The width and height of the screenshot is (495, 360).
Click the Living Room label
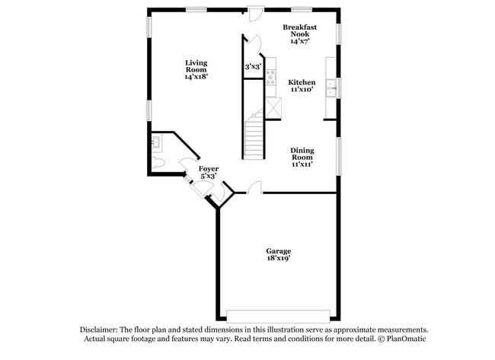click(196, 69)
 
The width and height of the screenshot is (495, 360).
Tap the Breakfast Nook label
click(299, 34)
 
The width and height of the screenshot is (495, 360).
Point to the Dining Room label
click(302, 157)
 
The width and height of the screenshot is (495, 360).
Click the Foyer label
click(208, 172)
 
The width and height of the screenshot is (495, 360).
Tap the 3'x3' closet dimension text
click(253, 67)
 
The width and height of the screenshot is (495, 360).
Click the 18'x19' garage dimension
click(278, 259)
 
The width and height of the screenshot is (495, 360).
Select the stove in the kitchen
click(270, 77)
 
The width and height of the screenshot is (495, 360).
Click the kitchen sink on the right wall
click(331, 89)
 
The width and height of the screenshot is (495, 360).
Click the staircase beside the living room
click(254, 138)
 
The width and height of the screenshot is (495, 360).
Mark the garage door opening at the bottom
click(278, 314)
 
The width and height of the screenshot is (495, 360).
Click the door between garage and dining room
click(255, 187)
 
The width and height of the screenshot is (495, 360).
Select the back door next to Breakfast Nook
click(255, 13)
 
